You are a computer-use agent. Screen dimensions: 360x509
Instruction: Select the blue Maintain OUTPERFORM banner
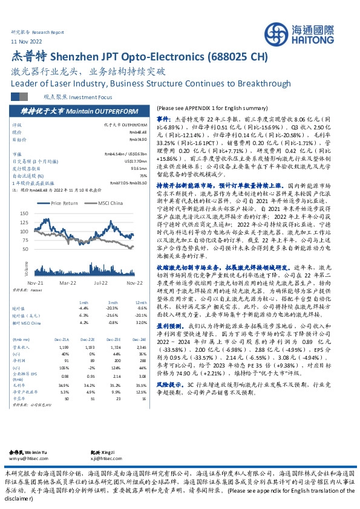80,111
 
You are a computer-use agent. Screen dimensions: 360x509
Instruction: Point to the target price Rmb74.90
138,138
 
